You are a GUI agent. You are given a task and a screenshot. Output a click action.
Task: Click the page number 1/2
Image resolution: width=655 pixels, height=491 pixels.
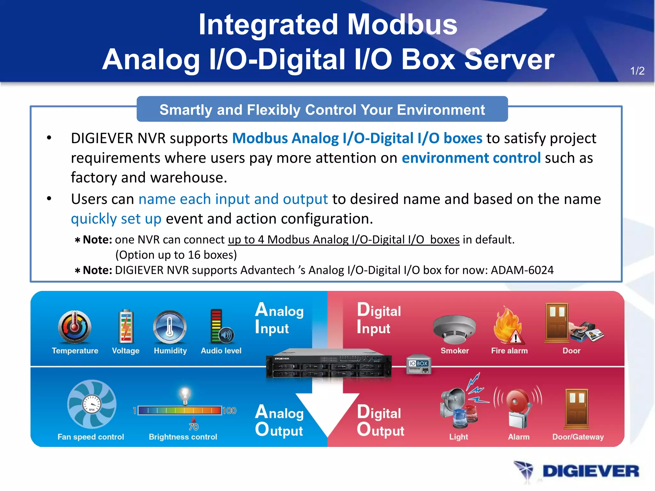[x=637, y=71]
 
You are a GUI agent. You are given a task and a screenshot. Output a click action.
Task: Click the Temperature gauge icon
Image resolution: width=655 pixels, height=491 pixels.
[x=75, y=327]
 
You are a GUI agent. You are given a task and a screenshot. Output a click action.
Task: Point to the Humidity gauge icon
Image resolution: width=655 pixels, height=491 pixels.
[x=170, y=327]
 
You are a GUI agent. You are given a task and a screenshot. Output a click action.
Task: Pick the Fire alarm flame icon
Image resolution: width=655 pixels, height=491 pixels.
[x=508, y=326]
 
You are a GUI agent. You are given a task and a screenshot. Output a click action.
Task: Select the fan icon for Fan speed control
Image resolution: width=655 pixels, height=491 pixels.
[x=92, y=404]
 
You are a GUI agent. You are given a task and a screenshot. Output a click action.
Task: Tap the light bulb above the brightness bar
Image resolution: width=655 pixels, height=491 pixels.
[x=185, y=395]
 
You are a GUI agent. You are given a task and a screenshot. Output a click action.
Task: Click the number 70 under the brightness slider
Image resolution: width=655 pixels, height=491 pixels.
[x=193, y=427]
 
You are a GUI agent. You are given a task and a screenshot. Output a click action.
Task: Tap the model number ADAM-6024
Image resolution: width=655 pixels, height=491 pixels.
[x=522, y=270]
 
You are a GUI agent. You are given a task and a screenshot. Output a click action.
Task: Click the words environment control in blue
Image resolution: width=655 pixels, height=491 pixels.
[x=471, y=158]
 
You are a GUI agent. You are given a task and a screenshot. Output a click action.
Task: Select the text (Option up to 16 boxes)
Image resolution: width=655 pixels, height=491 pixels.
[x=176, y=255]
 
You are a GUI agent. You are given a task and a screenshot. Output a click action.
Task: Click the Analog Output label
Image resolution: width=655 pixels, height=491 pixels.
[x=279, y=421]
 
